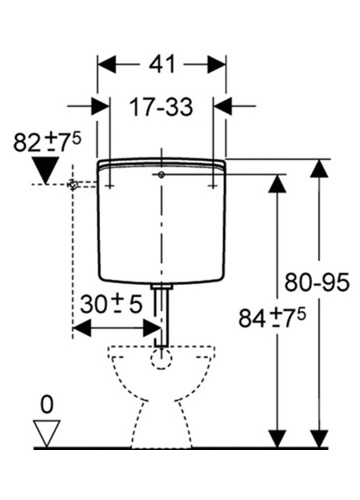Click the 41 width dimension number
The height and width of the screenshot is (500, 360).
pos(162,64)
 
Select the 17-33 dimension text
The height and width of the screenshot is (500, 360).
pos(161,107)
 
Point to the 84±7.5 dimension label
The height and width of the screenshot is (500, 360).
pos(272,318)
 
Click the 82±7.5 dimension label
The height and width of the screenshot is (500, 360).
pos(47,142)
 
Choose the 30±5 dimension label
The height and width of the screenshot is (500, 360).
pos(111,304)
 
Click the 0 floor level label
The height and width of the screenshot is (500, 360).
pos(47,404)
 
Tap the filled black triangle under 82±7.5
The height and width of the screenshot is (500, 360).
pos(46,171)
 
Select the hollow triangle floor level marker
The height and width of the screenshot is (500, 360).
pos(47,433)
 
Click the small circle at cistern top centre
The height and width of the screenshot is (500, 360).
pos(161,175)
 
